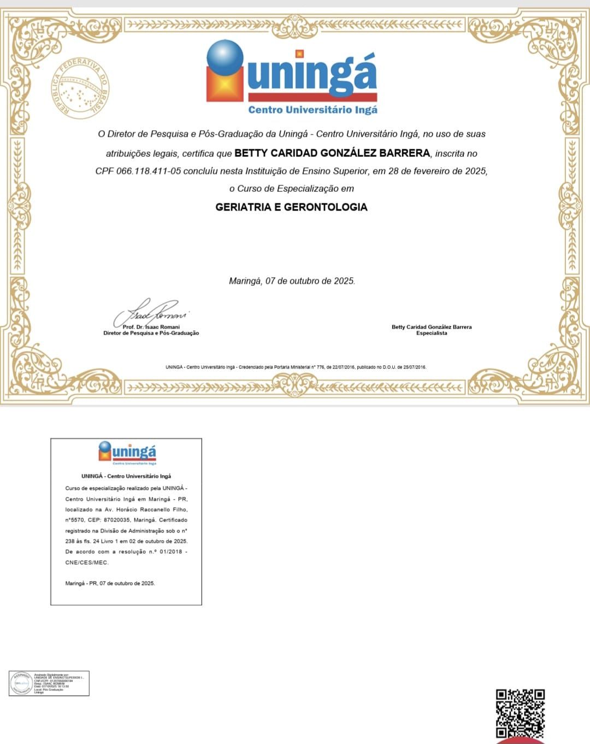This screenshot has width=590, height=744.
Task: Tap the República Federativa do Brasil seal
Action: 81,87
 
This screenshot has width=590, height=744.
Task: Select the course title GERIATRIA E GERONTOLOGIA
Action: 291,207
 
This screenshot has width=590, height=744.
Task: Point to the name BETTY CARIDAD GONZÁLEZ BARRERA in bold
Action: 332,153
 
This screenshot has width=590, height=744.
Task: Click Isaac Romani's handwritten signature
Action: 150,313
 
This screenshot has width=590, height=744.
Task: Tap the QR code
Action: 520,713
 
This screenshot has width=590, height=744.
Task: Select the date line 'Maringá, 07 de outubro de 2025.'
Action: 292,281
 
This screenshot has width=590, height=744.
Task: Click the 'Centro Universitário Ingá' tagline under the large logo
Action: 312,110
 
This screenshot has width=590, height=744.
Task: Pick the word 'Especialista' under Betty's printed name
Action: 432,333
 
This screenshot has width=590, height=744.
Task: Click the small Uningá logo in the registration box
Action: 127,453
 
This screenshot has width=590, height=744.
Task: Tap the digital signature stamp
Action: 49,683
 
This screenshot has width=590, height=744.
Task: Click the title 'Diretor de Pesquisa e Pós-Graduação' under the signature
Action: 151,333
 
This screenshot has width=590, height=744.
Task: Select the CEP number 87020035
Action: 116,520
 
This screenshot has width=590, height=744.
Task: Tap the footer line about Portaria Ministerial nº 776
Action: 296,367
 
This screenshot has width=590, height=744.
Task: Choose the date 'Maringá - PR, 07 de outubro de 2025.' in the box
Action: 110,583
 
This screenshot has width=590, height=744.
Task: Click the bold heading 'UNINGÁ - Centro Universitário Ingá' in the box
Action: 126,476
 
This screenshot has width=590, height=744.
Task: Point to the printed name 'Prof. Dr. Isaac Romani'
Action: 151,327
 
